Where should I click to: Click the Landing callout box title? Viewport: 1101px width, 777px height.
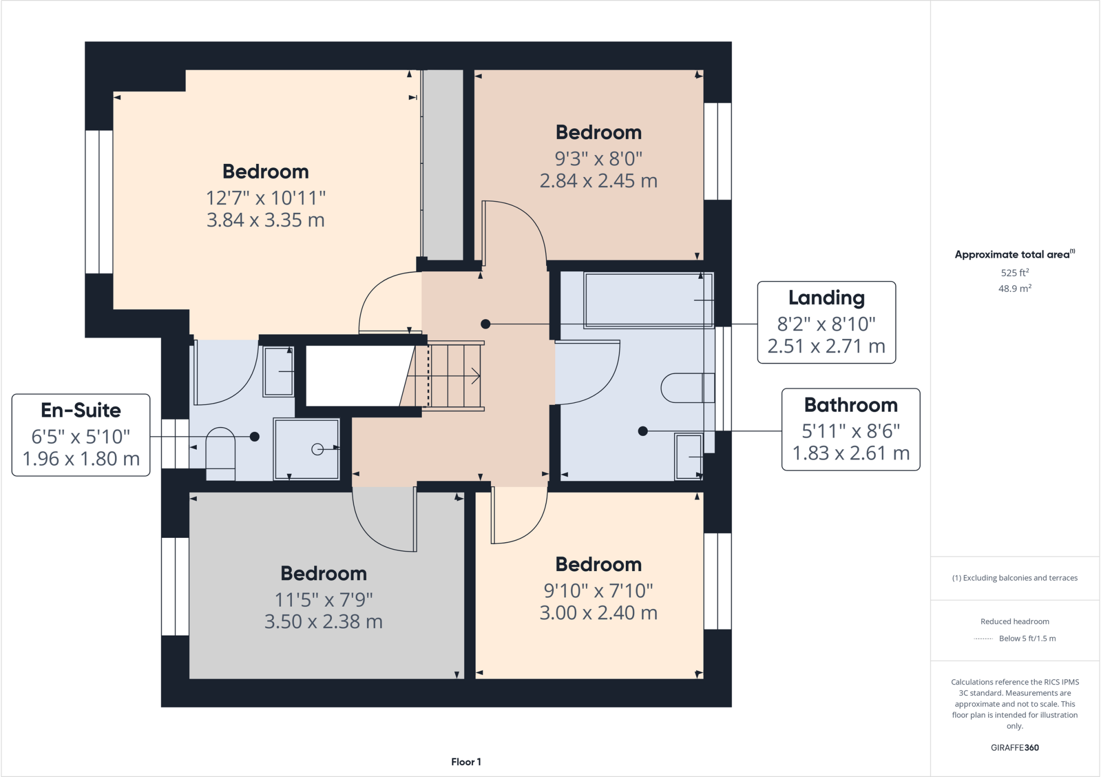[x=826, y=298]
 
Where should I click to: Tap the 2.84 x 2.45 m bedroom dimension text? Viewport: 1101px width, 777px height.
[x=598, y=181]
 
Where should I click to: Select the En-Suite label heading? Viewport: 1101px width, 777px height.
[x=81, y=411]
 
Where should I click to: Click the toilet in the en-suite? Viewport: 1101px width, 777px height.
[x=220, y=451]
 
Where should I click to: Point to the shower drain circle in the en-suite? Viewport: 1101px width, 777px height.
[x=318, y=449]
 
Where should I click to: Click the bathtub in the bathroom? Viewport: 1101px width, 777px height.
[x=648, y=300]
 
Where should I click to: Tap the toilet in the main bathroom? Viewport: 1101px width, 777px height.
[x=685, y=387]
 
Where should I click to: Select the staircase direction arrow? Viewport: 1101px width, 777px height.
[x=475, y=376]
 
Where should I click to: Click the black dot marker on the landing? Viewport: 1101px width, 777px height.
[x=485, y=324]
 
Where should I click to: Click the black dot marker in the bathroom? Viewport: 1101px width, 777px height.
[x=642, y=431]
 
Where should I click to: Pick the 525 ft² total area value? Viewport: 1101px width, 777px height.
[x=1014, y=272]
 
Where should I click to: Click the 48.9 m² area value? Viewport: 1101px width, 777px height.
[x=1014, y=289]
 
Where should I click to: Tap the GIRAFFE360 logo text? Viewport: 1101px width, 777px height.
[x=1014, y=747]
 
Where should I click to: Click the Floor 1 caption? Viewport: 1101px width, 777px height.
[x=466, y=761]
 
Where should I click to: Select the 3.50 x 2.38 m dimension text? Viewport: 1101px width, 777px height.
[x=323, y=622]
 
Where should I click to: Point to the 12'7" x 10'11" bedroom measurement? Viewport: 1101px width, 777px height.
[x=266, y=198]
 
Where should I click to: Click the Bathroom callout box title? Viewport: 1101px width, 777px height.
[x=850, y=405]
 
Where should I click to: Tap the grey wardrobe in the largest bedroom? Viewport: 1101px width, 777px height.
[x=443, y=164]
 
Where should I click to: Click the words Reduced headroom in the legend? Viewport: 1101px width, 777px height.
[x=1014, y=622]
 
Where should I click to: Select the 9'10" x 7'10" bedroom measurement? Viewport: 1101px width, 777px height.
[x=598, y=591]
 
